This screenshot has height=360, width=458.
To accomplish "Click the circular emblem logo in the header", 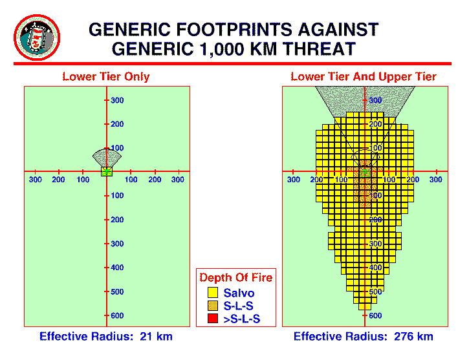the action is [x=37, y=37].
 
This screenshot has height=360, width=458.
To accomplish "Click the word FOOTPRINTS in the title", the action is [x=234, y=30].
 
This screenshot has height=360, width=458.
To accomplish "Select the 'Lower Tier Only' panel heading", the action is [x=106, y=76].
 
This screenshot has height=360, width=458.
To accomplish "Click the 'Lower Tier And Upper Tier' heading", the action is [x=364, y=76].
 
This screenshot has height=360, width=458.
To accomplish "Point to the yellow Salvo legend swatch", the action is [x=213, y=292].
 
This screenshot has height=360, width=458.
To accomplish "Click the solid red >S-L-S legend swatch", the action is [x=213, y=318].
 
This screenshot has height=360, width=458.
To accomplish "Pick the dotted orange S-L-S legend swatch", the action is [x=213, y=306].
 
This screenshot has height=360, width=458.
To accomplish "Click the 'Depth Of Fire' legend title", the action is [x=236, y=277].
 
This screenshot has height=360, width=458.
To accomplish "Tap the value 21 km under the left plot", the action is [x=157, y=336].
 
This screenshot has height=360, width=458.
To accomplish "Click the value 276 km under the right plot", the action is [x=413, y=336].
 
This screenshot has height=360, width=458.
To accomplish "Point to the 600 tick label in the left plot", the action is [x=117, y=315].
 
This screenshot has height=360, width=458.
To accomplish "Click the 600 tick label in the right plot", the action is [x=375, y=315].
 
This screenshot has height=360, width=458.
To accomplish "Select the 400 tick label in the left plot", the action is [x=117, y=267].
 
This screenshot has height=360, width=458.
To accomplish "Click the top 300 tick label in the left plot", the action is [x=117, y=100].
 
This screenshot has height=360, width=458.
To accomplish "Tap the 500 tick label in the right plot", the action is [x=375, y=291].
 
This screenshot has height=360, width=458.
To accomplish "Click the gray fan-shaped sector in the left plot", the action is [x=107, y=158].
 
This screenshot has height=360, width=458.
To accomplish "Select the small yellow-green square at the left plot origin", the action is [x=107, y=171].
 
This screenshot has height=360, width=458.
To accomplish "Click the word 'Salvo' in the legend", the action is [x=239, y=293].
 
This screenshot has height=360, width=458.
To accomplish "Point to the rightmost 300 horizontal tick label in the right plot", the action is [x=436, y=180].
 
